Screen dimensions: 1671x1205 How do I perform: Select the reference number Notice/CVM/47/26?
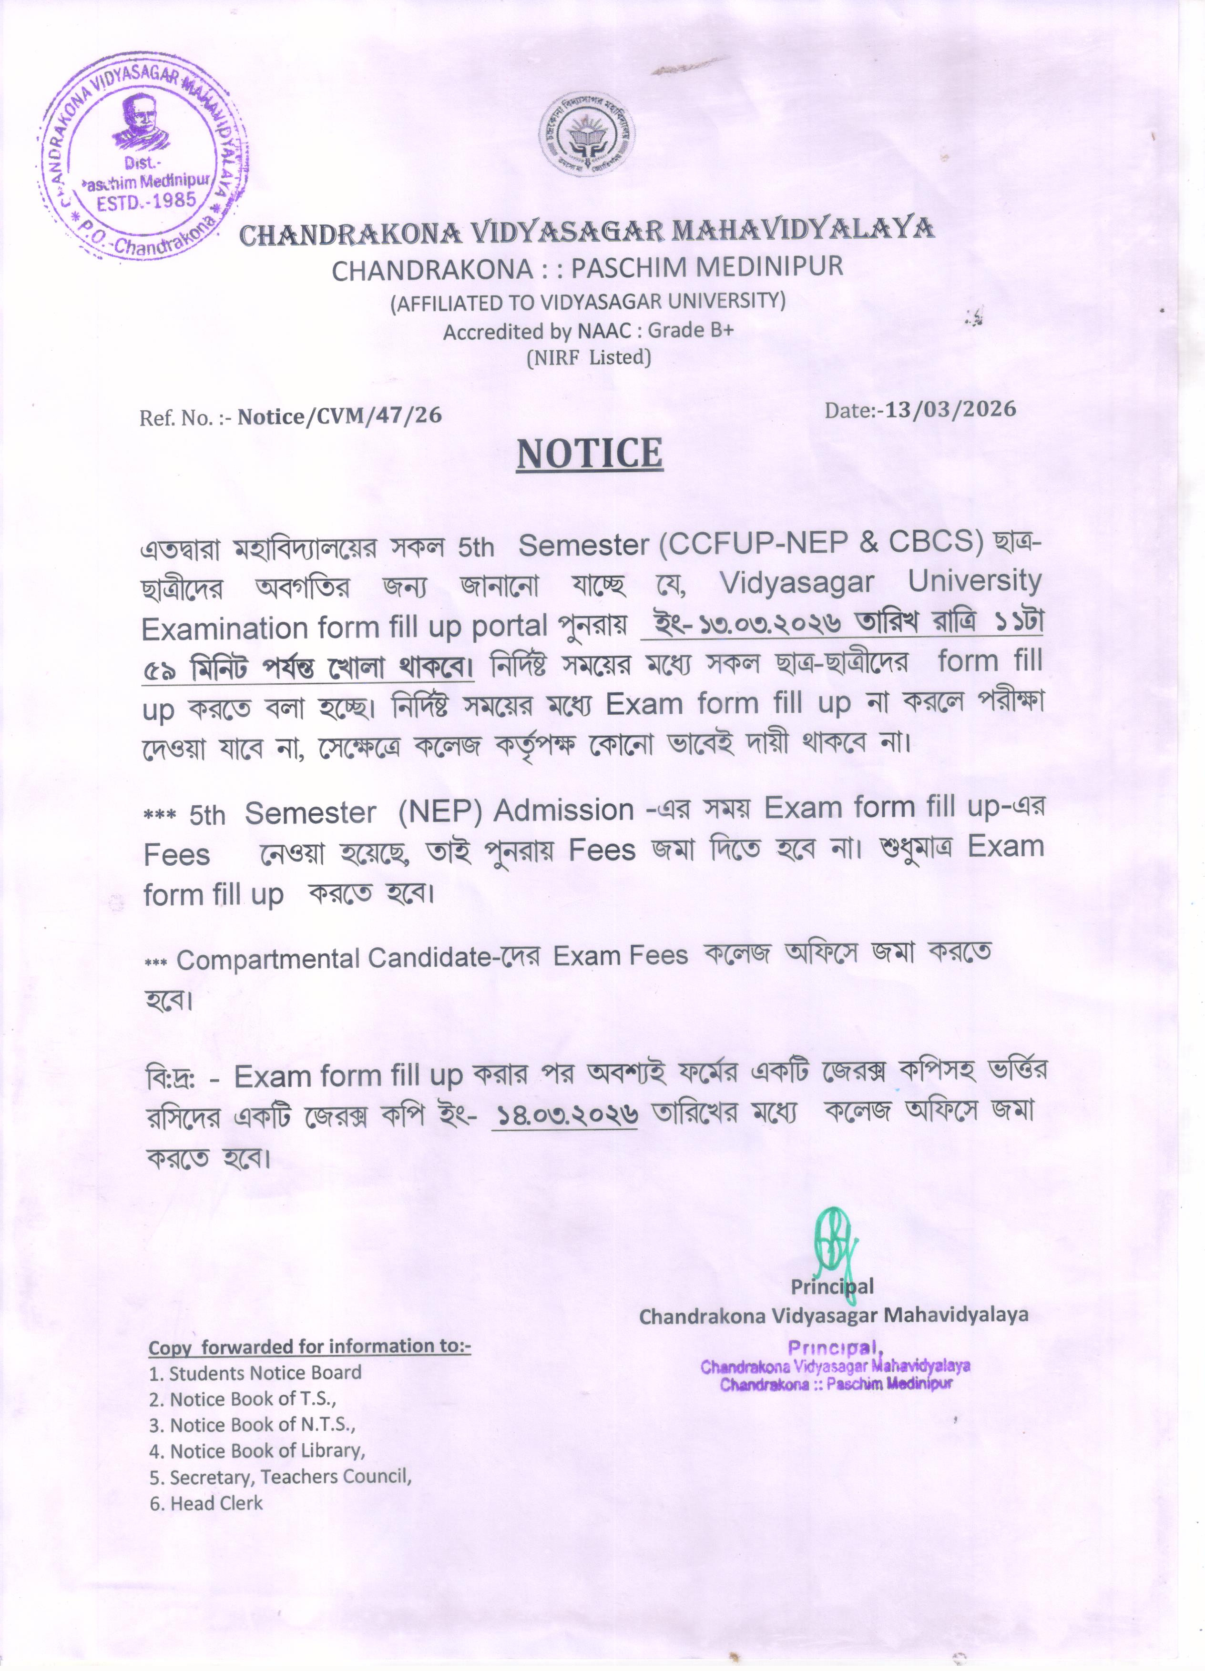coord(339,416)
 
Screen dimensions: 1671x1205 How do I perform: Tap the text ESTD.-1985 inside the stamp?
coord(147,201)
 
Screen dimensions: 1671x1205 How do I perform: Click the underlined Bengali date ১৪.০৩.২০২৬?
coord(564,1114)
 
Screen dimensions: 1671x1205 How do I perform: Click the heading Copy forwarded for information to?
coord(309,1347)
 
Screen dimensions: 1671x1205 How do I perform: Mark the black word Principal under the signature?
coord(832,1286)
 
